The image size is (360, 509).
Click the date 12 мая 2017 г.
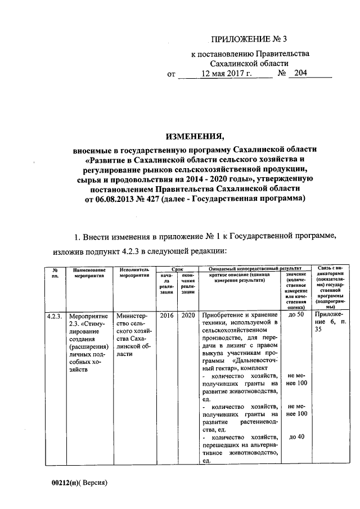[220, 74]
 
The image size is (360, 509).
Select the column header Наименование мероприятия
[90, 273]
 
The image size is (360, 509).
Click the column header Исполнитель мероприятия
[134, 273]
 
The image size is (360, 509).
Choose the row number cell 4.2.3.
[56, 316]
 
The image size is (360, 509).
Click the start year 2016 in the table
[166, 315]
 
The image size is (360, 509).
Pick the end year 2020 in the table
[188, 315]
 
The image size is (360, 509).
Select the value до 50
[296, 315]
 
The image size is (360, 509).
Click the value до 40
[296, 436]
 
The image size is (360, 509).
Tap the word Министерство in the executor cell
[130, 315]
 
